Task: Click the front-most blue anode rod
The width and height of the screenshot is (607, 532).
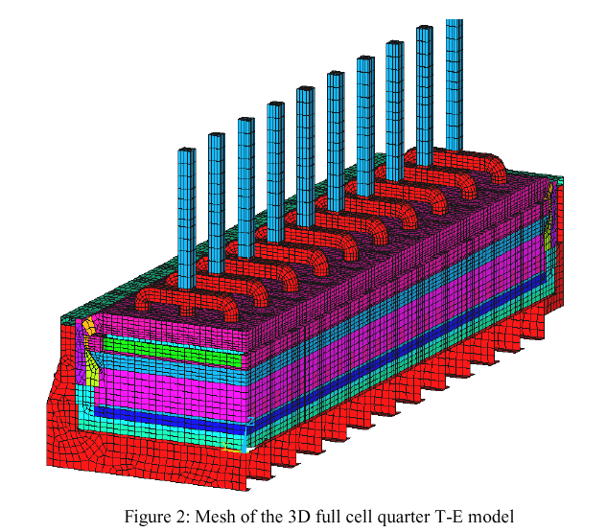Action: [187, 219]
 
